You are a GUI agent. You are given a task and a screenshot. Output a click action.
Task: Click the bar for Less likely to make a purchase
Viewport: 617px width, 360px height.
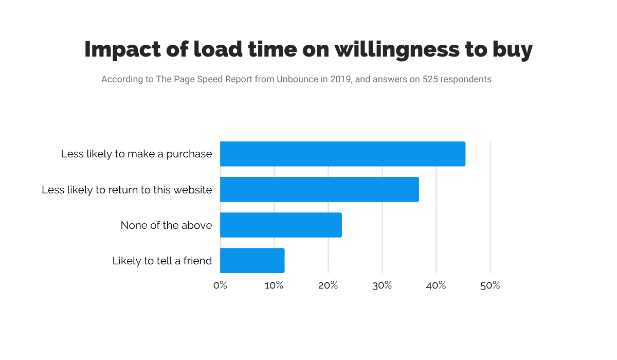click(x=342, y=154)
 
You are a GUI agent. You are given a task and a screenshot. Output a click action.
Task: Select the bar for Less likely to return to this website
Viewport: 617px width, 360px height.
click(x=319, y=189)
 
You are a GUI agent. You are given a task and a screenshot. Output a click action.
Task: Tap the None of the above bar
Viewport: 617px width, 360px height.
click(x=281, y=225)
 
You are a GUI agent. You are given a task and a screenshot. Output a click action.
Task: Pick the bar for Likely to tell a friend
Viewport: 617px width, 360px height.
click(x=252, y=260)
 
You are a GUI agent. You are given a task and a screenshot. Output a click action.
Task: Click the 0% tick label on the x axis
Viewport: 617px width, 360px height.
click(x=220, y=285)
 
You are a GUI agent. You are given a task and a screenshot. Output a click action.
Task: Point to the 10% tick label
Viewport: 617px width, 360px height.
click(x=274, y=285)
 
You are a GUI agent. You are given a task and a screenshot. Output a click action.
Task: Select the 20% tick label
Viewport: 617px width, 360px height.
click(x=328, y=285)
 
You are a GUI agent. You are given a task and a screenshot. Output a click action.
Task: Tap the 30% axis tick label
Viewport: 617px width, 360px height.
click(x=382, y=285)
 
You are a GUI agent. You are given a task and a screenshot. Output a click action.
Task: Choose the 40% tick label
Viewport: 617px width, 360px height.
click(x=436, y=285)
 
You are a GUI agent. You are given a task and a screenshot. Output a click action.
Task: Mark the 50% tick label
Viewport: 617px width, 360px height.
click(x=490, y=285)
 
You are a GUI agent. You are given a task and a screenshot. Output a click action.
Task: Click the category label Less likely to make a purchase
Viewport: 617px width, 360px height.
click(x=136, y=154)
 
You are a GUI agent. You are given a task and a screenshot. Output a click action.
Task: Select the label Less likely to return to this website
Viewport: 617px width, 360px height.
click(x=126, y=190)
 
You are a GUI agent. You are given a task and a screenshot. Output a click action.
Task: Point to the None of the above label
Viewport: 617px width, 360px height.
click(x=166, y=225)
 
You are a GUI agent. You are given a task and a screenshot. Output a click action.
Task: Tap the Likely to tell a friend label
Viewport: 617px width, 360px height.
click(x=162, y=261)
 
